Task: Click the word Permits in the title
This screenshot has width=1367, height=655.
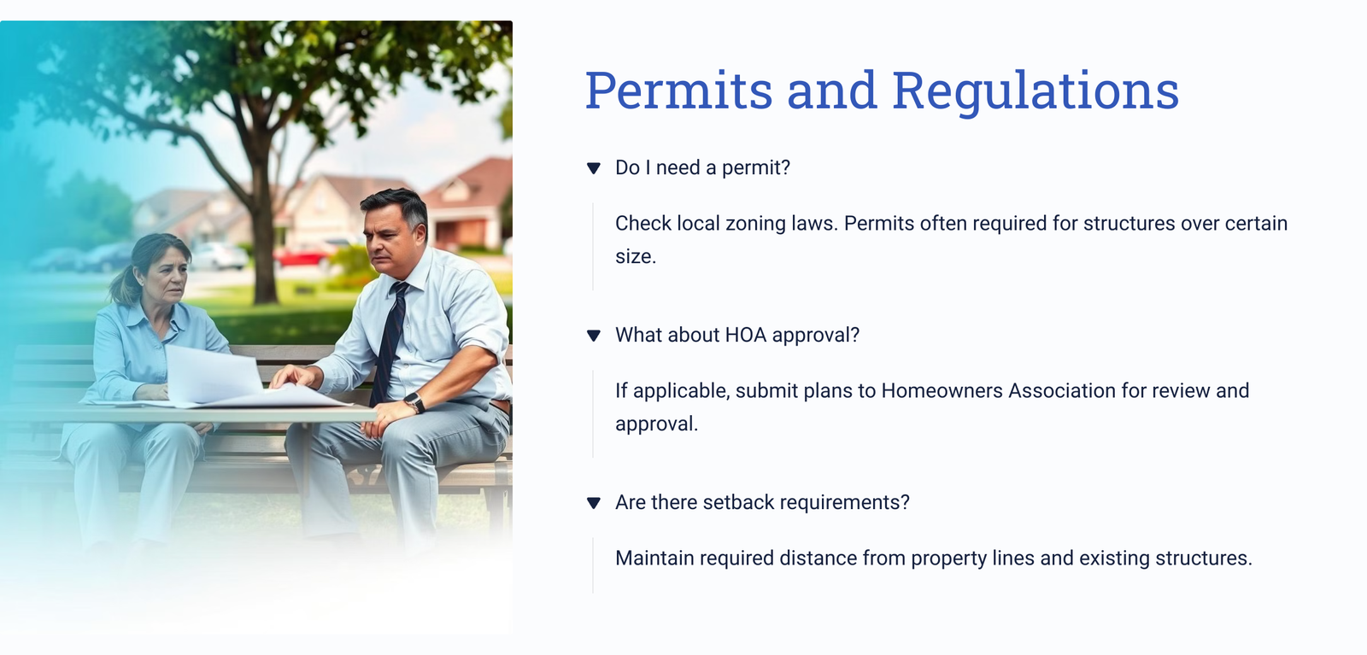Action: pos(679,91)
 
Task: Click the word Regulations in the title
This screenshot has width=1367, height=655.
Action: pos(1036,91)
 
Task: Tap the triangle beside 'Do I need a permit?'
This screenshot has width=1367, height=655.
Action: pos(593,167)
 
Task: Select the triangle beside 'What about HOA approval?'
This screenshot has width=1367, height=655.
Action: pos(593,336)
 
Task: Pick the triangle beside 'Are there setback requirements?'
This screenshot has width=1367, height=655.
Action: pos(593,502)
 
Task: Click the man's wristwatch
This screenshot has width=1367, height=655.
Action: pos(414,402)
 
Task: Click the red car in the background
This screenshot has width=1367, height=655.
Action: pos(303,255)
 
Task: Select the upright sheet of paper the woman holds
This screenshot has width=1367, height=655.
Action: pos(213,374)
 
